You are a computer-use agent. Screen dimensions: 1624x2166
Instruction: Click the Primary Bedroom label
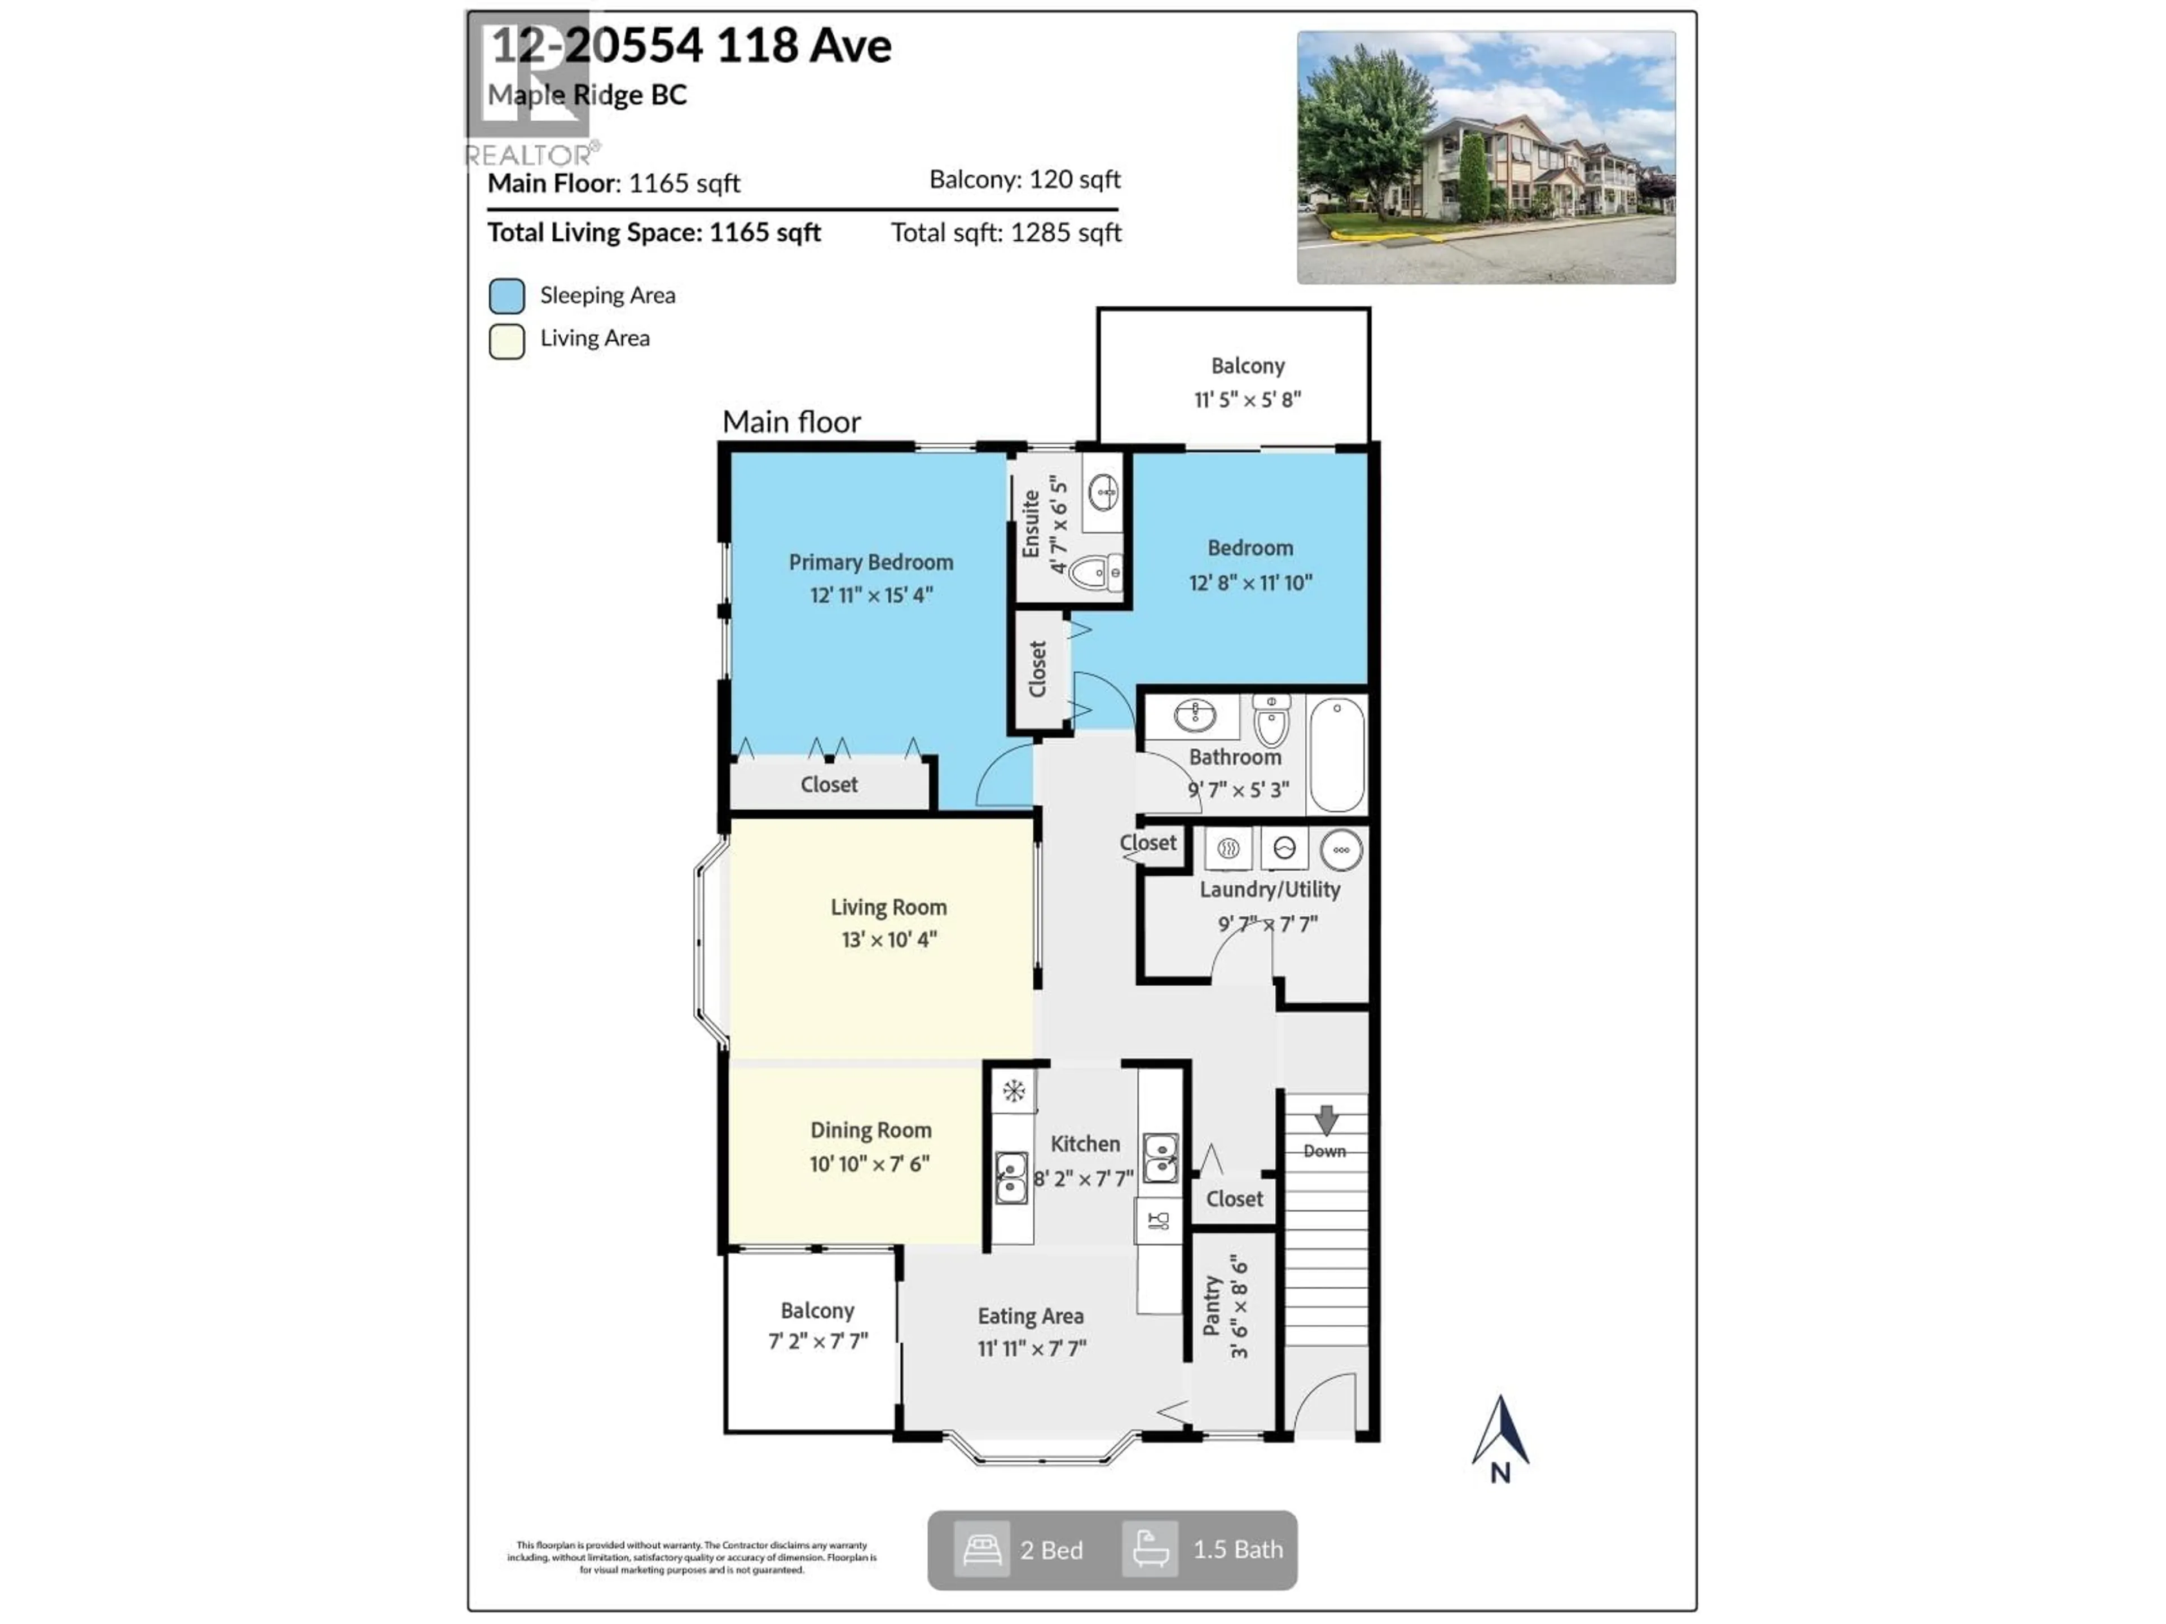click(870, 562)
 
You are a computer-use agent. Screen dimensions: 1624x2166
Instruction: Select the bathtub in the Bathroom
click(1337, 754)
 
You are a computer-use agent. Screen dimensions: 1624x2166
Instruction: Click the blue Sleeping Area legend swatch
click(507, 295)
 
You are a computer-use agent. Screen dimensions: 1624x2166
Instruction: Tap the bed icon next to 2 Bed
click(981, 1550)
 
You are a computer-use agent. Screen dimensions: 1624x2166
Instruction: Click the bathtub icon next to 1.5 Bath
click(1150, 1550)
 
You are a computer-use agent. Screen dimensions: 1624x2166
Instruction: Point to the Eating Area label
click(1030, 1316)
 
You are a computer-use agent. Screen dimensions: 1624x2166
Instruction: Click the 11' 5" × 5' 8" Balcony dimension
click(1247, 399)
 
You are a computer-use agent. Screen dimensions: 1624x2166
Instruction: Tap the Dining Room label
click(870, 1129)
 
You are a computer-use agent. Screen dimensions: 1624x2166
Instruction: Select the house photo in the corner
click(1485, 157)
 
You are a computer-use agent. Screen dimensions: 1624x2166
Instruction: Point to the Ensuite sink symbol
click(1103, 491)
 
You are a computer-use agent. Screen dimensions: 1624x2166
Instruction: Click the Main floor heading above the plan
click(791, 422)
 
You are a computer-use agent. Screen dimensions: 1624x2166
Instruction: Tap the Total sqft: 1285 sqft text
click(1006, 233)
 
